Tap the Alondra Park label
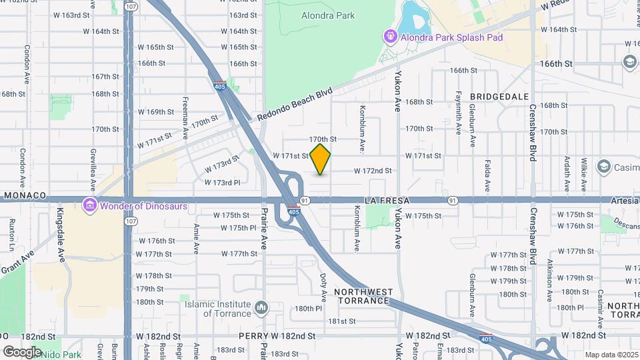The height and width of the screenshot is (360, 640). [328, 15]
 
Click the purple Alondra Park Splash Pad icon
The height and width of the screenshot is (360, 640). [389, 37]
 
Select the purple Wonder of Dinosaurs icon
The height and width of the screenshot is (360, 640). [89, 205]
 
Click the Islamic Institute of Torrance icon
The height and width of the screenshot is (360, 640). [261, 309]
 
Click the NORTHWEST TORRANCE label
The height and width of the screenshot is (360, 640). [362, 296]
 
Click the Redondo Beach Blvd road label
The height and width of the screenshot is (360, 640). [294, 106]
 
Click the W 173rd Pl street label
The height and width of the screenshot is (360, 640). [222, 182]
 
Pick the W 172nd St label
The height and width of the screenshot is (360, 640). [373, 171]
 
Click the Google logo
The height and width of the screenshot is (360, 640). [22, 351]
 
